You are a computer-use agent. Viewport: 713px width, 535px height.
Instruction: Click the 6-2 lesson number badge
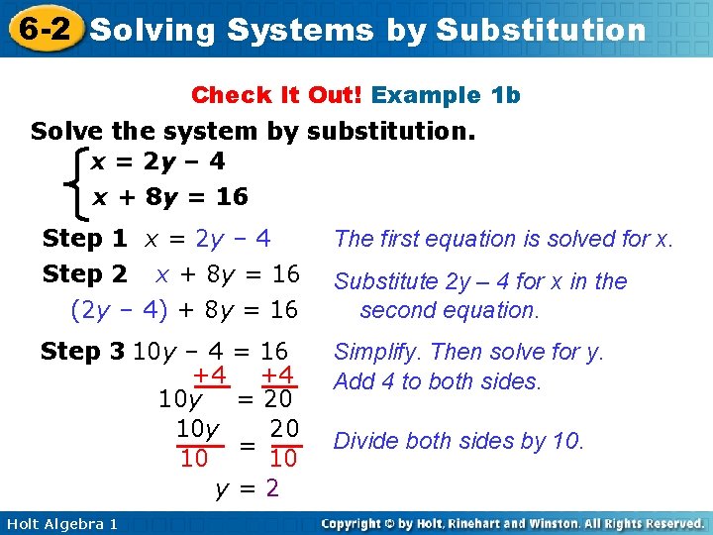[43, 28]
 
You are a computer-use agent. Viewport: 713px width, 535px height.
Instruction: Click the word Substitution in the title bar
[540, 30]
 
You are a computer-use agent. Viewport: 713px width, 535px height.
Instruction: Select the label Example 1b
[446, 95]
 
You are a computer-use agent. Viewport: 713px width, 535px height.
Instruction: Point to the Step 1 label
[84, 239]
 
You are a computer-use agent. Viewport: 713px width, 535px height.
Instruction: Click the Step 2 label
[84, 273]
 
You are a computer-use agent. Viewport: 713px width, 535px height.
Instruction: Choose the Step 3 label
[83, 352]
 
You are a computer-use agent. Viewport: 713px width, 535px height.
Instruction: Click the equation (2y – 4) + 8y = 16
[184, 310]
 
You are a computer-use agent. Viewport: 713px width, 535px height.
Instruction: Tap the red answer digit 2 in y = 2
[271, 489]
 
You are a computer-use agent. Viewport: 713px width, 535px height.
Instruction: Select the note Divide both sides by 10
[459, 441]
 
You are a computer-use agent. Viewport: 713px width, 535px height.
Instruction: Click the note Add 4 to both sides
[438, 381]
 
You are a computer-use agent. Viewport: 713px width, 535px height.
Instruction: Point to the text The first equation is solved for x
[503, 239]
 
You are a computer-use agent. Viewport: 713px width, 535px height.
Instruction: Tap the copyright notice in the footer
[513, 523]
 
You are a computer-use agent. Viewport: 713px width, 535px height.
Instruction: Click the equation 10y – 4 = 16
[210, 352]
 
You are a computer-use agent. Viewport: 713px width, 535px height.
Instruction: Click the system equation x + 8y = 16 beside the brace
[169, 197]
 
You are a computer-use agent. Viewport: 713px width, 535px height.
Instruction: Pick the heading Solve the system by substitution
[254, 132]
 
